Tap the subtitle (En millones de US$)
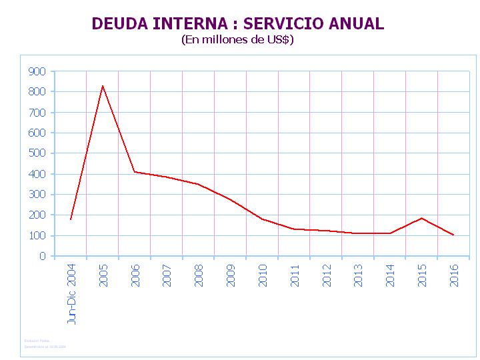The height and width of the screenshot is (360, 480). (237, 39)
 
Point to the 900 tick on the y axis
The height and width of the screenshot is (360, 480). (37, 71)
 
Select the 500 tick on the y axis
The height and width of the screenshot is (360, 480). (37, 153)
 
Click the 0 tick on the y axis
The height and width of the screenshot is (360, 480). (43, 256)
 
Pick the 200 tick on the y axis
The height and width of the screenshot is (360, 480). (37, 215)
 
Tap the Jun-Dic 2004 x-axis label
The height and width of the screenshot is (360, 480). (72, 293)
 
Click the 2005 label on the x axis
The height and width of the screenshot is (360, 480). (104, 275)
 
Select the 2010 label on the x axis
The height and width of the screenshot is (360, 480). (263, 275)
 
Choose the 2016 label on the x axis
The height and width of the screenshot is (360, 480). (455, 275)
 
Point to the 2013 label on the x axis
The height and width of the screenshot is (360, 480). (359, 275)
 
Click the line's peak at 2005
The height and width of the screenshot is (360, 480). (103, 85)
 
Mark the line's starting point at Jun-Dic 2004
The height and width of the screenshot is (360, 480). (71, 219)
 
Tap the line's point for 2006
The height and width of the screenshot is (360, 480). (135, 172)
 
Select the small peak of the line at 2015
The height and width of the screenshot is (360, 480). (422, 218)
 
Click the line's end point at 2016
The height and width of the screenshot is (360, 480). (454, 235)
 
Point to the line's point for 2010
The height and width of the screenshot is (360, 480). (262, 219)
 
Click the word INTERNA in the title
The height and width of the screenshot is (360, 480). (193, 24)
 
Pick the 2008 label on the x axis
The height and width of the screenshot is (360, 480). (199, 275)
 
